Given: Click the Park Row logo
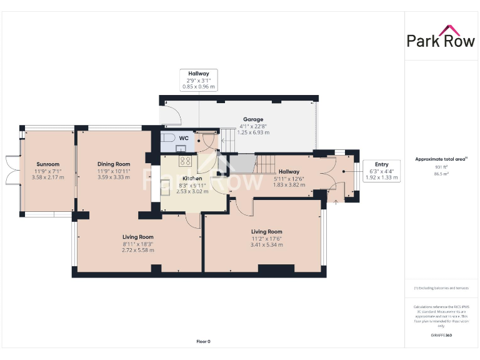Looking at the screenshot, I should pyautogui.click(x=441, y=37).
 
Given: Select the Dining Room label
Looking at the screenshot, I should pyautogui.click(x=113, y=164).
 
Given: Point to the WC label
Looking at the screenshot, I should pyautogui.click(x=184, y=138).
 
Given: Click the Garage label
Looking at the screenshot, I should pyautogui.click(x=253, y=119).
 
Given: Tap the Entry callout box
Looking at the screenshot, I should pyautogui.click(x=381, y=171).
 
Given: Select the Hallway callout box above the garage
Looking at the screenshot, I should pyautogui.click(x=199, y=80).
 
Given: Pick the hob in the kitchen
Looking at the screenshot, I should pyautogui.click(x=186, y=161).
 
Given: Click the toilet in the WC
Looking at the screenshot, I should pyautogui.click(x=168, y=137).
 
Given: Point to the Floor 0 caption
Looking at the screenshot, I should pyautogui.click(x=203, y=341).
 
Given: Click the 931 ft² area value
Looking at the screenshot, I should pyautogui.click(x=441, y=167).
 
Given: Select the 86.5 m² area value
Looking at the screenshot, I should pyautogui.click(x=441, y=174).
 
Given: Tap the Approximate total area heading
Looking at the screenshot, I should pyautogui.click(x=441, y=159).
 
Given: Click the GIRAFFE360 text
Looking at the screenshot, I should pyautogui.click(x=441, y=336).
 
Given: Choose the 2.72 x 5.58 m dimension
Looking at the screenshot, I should pyautogui.click(x=137, y=250).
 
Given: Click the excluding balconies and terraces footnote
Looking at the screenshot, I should pyautogui.click(x=441, y=288).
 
